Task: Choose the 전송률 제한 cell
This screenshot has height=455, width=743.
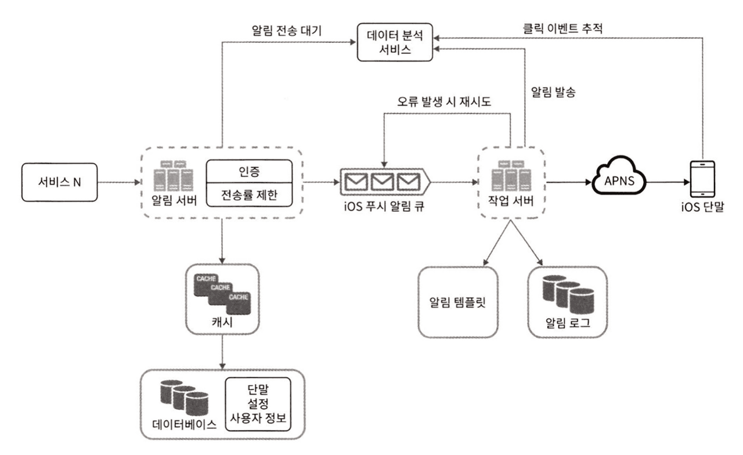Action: pyautogui.click(x=249, y=196)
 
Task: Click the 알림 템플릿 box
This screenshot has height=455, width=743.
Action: pyautogui.click(x=458, y=301)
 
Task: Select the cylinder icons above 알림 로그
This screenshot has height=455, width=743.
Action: pyautogui.click(x=567, y=294)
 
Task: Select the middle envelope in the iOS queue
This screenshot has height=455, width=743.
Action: pyautogui.click(x=384, y=183)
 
